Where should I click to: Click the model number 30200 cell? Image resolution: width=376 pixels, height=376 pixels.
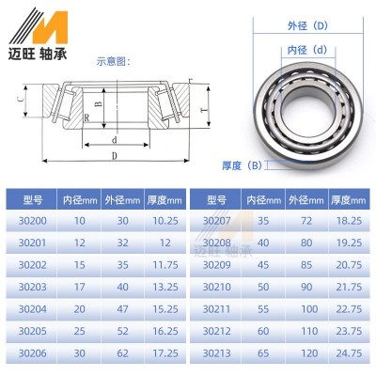coord(32,220)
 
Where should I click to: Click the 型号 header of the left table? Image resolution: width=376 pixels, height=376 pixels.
coord(32,198)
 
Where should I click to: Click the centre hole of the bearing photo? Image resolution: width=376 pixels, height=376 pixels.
coord(302,102)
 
